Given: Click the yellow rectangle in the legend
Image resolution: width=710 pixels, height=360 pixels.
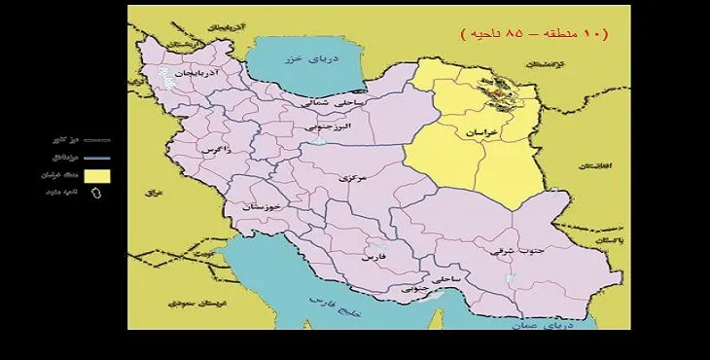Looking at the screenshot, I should pyautogui.click(x=96, y=175).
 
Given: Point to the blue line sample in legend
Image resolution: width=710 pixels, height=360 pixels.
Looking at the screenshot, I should pyautogui.click(x=95, y=158).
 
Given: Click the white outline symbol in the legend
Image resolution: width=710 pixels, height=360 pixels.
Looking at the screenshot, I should pyautogui.click(x=95, y=193).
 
